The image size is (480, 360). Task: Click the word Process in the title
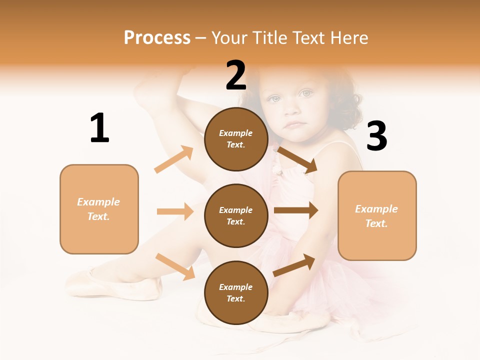pyautogui.click(x=157, y=38)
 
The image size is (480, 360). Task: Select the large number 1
pyautogui.click(x=99, y=128)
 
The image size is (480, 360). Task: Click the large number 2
pyautogui.click(x=236, y=75)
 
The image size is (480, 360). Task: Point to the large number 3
pyautogui.click(x=376, y=136)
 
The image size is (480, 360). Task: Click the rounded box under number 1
pyautogui.click(x=99, y=209)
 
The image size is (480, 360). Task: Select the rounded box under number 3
pyautogui.click(x=377, y=216)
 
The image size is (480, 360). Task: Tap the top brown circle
pyautogui.click(x=236, y=139)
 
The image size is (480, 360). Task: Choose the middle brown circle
pyautogui.click(x=236, y=215)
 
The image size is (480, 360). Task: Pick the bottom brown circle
pyautogui.click(x=236, y=292)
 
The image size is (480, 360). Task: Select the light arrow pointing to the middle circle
pyautogui.click(x=175, y=211)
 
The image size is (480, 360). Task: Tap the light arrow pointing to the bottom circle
pyautogui.click(x=175, y=266)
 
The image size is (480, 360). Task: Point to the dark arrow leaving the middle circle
pyautogui.click(x=296, y=210)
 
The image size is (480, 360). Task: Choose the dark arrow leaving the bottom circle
pyautogui.click(x=294, y=265)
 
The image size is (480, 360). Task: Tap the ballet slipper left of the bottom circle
pyautogui.click(x=115, y=283)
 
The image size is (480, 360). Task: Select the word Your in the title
pyautogui.click(x=229, y=38)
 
